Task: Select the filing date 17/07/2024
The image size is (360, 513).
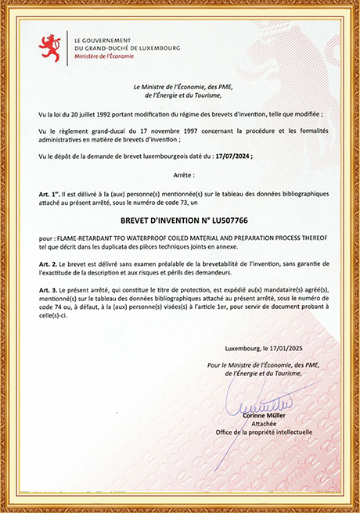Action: click(234, 156)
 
